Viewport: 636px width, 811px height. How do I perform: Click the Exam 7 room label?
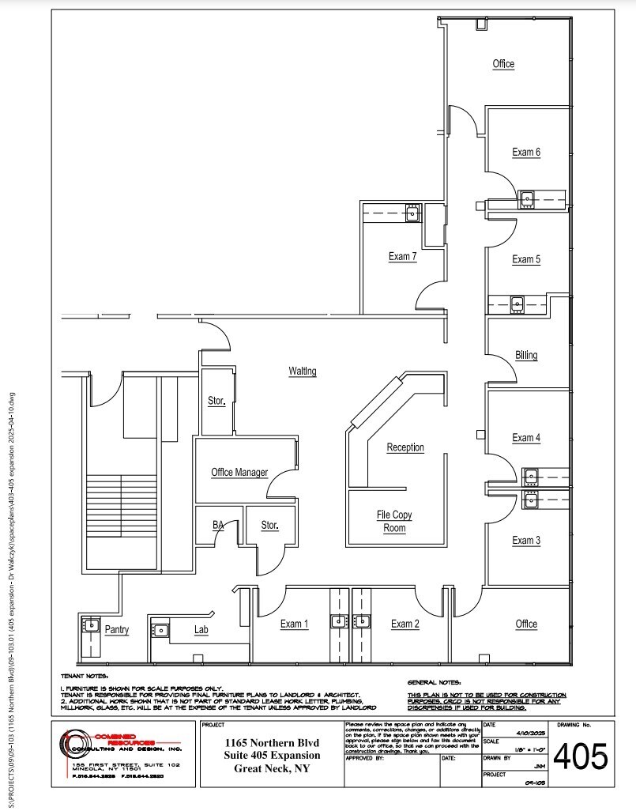click(402, 256)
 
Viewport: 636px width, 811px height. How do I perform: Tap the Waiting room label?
click(303, 371)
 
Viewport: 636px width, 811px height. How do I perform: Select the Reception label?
click(405, 447)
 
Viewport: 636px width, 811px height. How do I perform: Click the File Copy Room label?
click(394, 522)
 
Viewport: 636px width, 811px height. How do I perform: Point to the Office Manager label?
click(239, 473)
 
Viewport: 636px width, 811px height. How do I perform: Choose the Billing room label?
click(526, 355)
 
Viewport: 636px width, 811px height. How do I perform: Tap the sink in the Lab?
click(160, 630)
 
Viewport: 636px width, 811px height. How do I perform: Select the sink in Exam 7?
click(412, 211)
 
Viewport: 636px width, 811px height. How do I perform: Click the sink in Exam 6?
click(526, 197)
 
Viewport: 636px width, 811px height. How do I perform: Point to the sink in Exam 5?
click(517, 302)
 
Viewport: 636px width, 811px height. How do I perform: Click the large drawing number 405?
click(581, 757)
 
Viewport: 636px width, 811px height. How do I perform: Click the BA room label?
click(218, 524)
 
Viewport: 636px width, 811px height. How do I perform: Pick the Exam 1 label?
click(294, 624)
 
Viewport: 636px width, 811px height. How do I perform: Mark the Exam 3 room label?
click(526, 541)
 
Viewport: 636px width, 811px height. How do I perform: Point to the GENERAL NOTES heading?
click(434, 681)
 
